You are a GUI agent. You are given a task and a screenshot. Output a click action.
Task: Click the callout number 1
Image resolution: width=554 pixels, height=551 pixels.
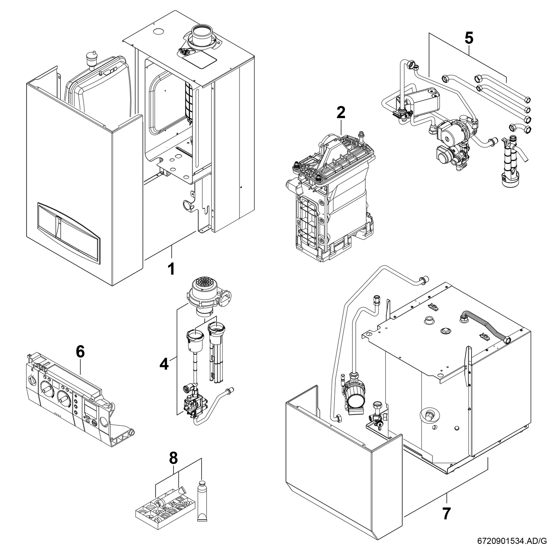pos(171,269)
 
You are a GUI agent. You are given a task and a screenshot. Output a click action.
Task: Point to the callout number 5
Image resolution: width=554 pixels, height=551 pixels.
pos(468,38)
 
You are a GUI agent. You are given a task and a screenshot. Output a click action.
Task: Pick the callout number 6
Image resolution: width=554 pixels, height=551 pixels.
pos(80,352)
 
